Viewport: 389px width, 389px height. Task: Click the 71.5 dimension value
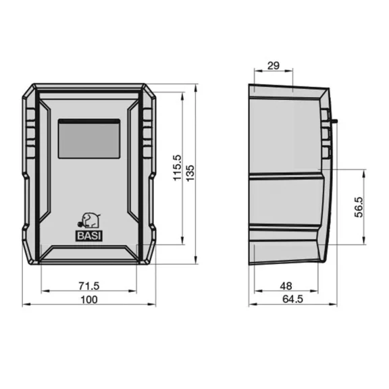point(89,286)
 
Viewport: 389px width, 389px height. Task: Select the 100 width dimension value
point(89,300)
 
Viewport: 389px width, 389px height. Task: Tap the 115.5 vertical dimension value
point(178,168)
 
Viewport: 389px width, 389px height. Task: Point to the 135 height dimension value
point(190,173)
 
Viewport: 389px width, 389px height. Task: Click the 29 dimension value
point(274,66)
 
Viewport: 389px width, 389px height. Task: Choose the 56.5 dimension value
point(359,207)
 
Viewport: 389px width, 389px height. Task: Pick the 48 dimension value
point(286,286)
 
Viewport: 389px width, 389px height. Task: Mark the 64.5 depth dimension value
point(292,299)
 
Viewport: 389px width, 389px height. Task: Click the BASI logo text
point(89,236)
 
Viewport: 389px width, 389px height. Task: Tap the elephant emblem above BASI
point(89,220)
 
